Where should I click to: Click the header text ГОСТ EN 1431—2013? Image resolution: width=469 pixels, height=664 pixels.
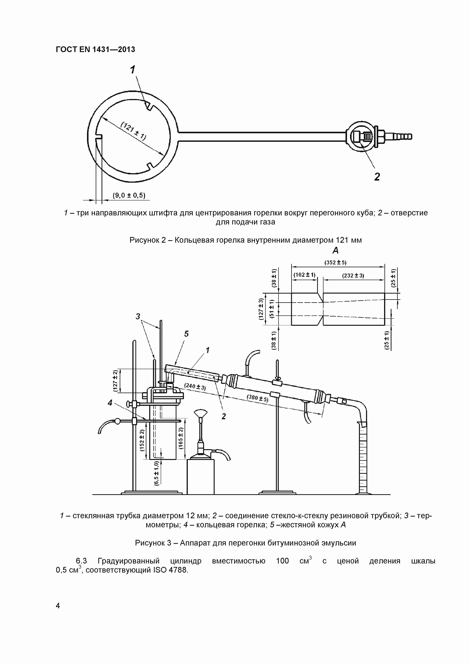point(95,49)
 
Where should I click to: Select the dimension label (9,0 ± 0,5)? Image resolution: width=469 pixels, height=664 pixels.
point(129,196)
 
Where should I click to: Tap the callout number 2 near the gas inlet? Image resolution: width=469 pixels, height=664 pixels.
point(377,177)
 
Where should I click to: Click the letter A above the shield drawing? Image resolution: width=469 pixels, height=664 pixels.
point(335,250)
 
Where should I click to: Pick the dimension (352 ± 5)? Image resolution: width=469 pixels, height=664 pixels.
point(335,263)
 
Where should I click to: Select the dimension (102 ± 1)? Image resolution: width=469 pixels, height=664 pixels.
point(304,275)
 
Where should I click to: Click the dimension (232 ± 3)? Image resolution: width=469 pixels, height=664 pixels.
point(353,276)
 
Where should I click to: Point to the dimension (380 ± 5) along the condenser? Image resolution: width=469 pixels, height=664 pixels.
point(257,398)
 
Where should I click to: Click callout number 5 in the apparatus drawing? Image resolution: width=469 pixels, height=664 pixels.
point(186,334)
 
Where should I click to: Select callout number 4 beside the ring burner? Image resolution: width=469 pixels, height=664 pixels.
point(110,403)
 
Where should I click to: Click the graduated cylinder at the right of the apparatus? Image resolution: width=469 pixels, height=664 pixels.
point(363,460)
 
